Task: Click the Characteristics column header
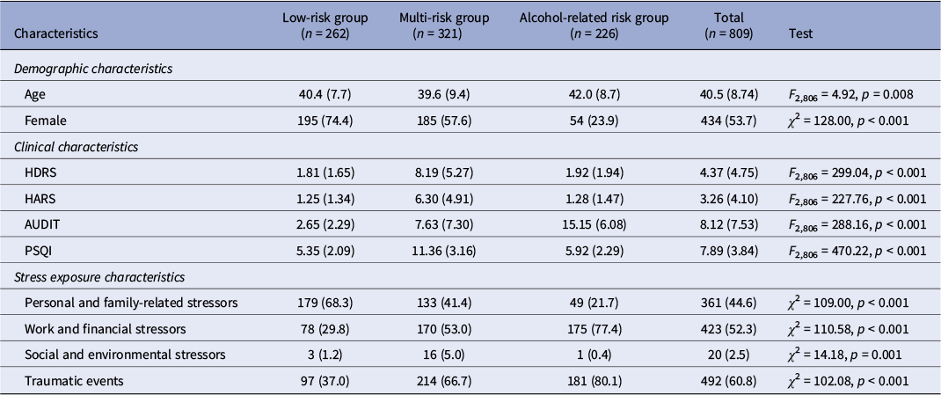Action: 55,33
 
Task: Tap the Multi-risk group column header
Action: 444,26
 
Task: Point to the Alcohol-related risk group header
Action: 594,26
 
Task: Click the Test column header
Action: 801,33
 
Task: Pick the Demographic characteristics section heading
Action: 93,69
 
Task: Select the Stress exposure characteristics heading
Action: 99,277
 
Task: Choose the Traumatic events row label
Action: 67,381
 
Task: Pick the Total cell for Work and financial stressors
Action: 729,329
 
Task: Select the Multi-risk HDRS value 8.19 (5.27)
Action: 444,173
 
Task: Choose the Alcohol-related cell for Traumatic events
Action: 594,381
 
